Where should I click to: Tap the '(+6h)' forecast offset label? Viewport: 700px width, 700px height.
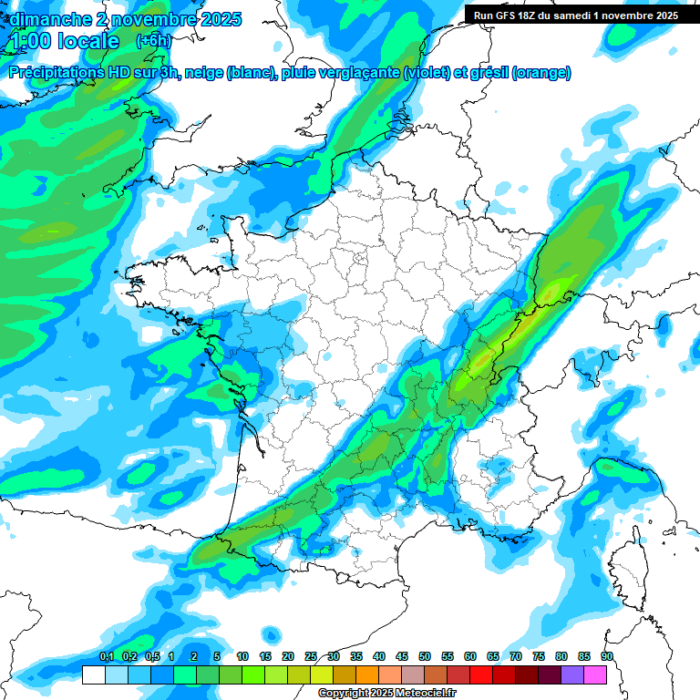point(153,41)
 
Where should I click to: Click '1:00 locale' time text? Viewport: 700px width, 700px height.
point(65,41)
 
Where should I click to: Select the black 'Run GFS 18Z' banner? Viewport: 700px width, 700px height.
point(575,15)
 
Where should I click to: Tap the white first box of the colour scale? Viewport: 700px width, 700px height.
point(93,674)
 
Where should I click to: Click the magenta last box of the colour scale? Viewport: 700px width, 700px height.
point(596,674)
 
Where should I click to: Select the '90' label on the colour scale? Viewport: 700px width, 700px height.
point(607,656)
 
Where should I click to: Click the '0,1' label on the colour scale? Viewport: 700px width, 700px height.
point(106,656)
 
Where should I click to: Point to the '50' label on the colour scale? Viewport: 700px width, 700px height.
point(425,656)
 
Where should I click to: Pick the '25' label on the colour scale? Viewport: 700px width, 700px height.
point(311,656)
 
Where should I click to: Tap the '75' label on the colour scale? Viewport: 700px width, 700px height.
point(539,656)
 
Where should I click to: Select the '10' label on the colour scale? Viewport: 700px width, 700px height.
point(242,656)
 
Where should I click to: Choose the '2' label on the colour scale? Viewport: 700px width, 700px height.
point(194,656)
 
